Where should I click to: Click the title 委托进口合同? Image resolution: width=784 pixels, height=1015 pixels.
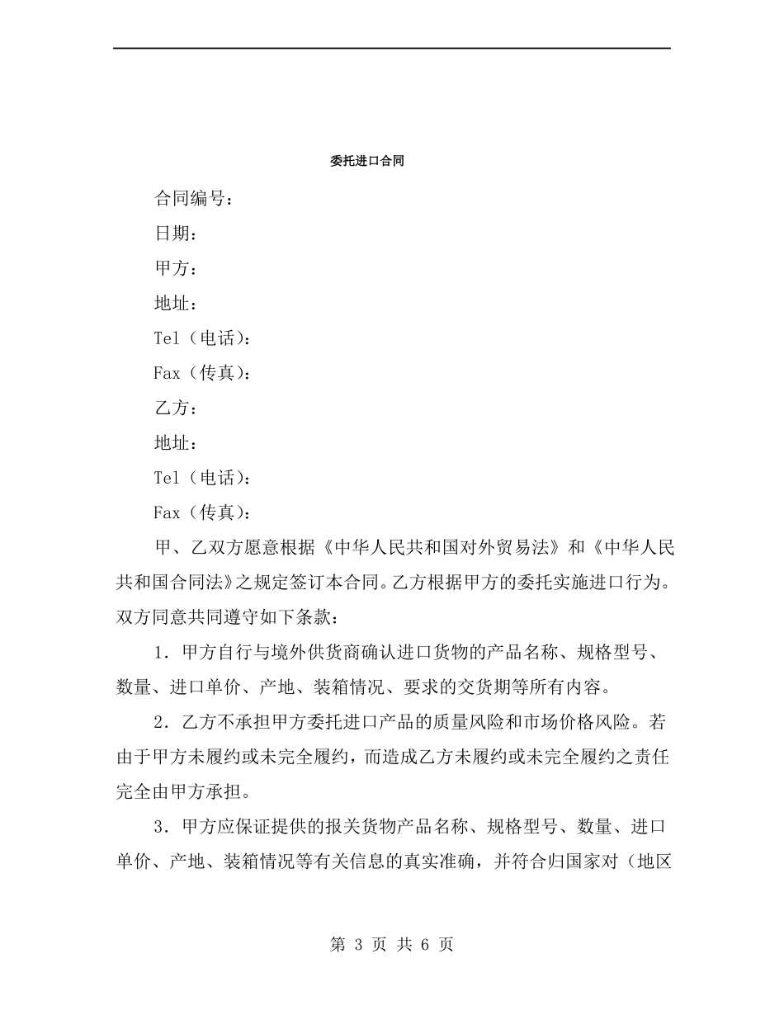pos(366,162)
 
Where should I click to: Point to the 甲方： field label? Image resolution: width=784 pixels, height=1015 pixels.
pos(175,268)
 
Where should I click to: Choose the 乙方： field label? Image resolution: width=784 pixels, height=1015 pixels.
pos(175,408)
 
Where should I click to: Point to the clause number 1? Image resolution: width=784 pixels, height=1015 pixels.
pos(160,653)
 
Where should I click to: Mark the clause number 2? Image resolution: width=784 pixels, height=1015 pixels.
pos(160,723)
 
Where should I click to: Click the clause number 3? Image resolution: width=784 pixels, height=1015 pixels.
pos(160,828)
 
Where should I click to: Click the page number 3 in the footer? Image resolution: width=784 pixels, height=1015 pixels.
pos(359,945)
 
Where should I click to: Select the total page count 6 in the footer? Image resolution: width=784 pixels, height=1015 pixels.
pos(425,945)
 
